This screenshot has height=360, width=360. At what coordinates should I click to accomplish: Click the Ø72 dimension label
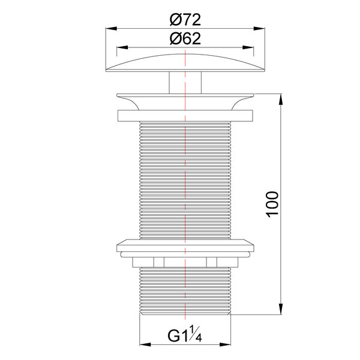[185, 20]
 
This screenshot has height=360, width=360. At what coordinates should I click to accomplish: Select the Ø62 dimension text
[185, 38]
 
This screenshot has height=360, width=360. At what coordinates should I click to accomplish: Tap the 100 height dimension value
[272, 204]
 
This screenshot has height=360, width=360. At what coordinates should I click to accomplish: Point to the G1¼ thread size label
[185, 335]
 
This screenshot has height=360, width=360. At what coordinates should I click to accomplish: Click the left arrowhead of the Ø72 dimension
[112, 28]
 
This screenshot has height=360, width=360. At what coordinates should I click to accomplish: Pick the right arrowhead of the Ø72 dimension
[259, 28]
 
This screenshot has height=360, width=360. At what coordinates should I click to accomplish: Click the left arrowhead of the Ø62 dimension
[122, 47]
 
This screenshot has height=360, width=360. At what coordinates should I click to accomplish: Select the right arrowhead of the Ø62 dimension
[248, 47]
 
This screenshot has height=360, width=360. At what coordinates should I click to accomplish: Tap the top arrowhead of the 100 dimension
[281, 100]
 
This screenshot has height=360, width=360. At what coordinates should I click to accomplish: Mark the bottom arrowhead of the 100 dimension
[281, 309]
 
